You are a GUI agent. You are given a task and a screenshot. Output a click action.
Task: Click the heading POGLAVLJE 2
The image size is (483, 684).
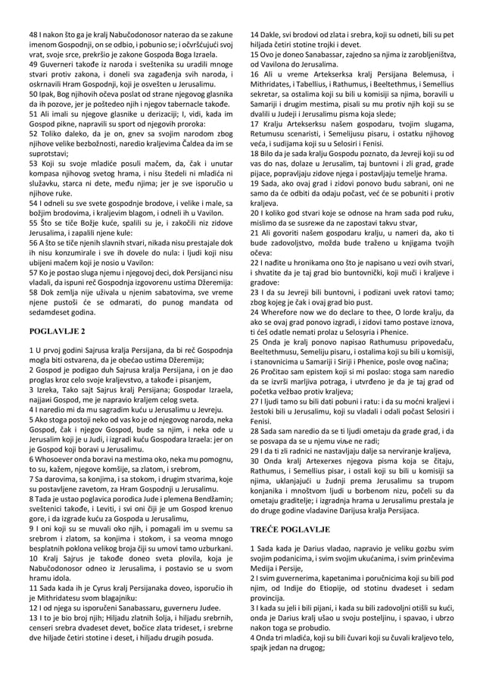click(57, 331)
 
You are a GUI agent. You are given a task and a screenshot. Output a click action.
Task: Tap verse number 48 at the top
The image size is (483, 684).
click(33, 36)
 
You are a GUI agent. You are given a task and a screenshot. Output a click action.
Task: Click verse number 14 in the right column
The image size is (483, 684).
click(254, 36)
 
